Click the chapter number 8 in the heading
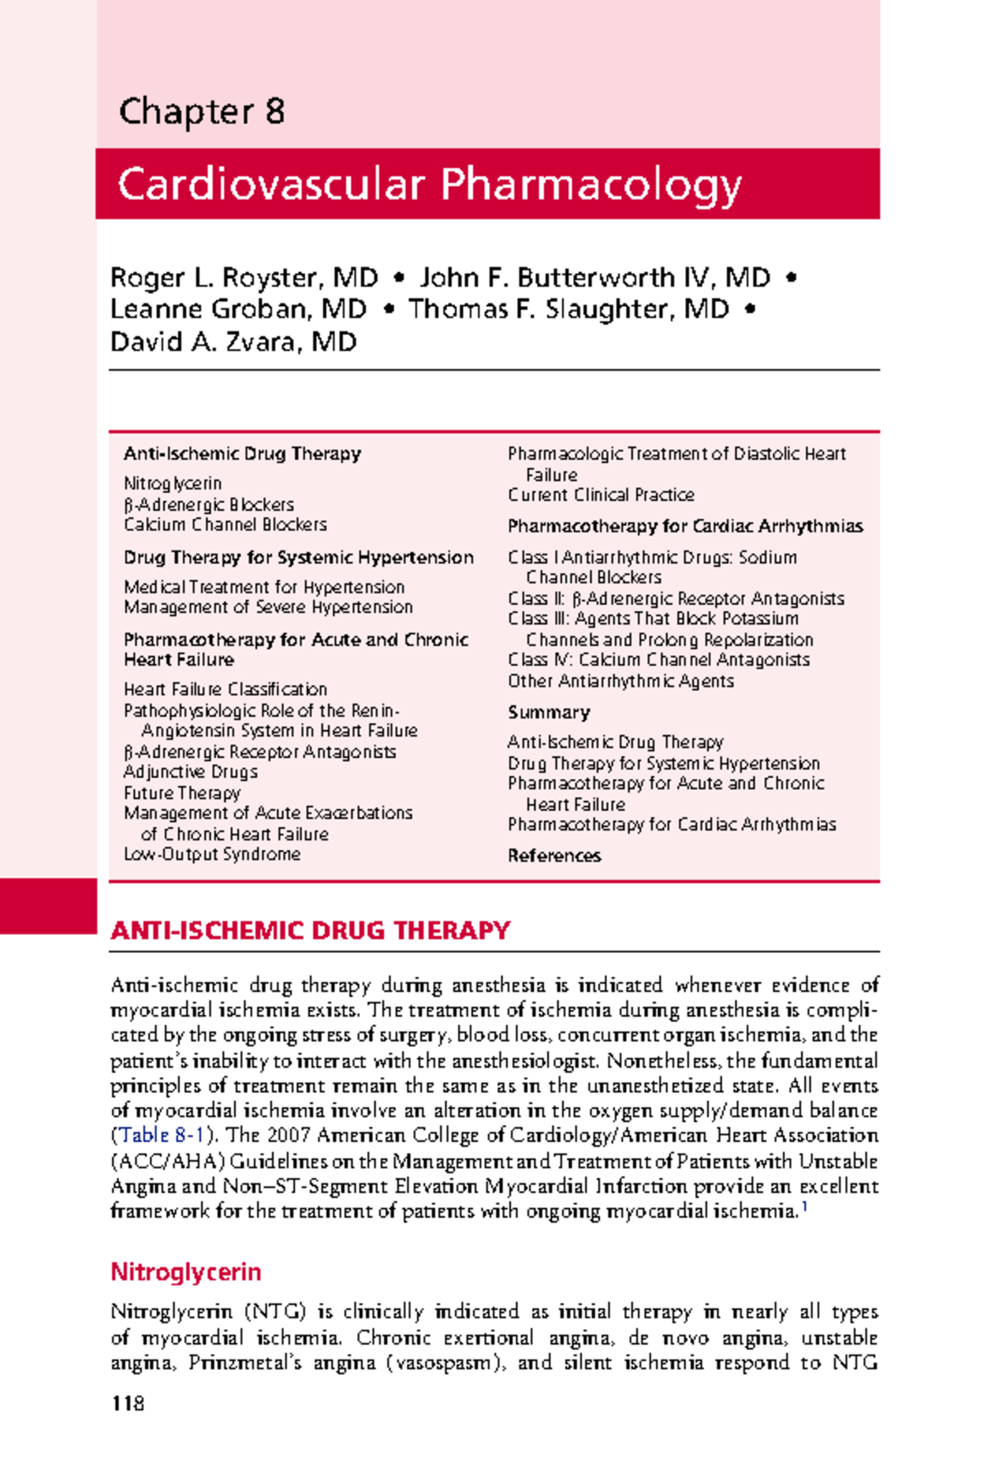[x=275, y=111]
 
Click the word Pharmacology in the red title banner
[x=591, y=185]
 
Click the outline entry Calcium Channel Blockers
[x=225, y=525]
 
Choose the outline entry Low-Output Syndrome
[x=212, y=854]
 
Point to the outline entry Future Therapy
[x=181, y=793]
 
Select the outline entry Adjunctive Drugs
[x=190, y=772]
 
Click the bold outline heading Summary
[x=548, y=713]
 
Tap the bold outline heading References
[x=554, y=856]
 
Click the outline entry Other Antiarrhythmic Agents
[x=621, y=681]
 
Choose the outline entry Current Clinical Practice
[x=601, y=495]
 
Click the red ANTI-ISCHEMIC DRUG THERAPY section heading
[x=310, y=931]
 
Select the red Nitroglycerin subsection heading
[x=185, y=1272]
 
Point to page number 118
[x=128, y=1404]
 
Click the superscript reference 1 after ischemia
[x=804, y=1207]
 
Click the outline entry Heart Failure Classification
[x=225, y=690]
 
